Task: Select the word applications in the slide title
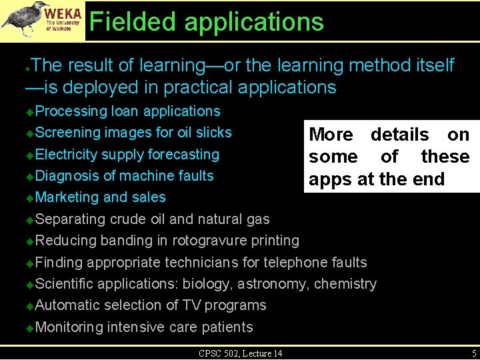255,22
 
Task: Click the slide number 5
473,353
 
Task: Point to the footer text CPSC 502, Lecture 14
240,353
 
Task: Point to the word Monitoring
69,327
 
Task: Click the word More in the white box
331,135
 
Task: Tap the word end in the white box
430,179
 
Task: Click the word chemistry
345,284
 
